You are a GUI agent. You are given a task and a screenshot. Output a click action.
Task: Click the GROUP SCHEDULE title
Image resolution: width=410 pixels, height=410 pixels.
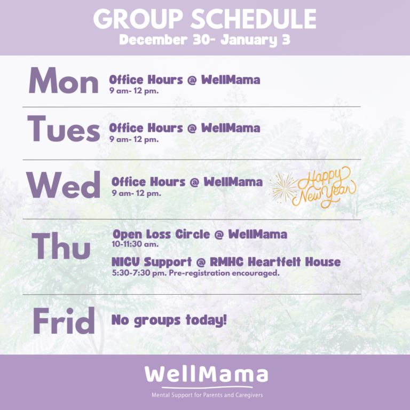(205, 19)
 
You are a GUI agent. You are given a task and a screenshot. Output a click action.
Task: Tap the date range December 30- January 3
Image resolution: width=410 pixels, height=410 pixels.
(205, 40)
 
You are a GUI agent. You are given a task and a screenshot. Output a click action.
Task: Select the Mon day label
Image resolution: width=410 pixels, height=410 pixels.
(64, 80)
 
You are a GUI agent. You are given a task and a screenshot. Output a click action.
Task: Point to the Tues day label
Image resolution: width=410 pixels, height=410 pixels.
(64, 129)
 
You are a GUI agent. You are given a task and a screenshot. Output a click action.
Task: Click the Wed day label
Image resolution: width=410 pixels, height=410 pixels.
(63, 185)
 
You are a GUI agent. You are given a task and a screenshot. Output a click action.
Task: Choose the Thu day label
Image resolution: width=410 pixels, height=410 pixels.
(61, 246)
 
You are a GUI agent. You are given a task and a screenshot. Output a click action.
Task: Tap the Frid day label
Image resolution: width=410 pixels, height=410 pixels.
(64, 320)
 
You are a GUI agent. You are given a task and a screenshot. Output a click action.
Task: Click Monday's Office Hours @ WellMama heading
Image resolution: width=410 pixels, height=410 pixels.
(185, 80)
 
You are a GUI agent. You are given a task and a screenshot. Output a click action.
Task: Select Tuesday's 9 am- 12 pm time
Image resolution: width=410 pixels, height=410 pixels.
(134, 139)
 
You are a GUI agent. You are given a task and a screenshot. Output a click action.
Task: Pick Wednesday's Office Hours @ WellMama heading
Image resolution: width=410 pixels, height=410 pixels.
(187, 182)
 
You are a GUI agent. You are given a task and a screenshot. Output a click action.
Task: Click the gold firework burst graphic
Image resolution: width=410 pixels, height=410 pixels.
(283, 187)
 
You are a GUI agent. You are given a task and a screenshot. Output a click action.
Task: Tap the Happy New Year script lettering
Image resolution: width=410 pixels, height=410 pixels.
(324, 187)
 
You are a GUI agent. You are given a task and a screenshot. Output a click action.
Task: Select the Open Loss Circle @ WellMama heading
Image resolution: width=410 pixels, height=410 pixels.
(200, 234)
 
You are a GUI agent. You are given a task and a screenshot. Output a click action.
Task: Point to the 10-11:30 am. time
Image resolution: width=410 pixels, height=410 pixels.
(135, 244)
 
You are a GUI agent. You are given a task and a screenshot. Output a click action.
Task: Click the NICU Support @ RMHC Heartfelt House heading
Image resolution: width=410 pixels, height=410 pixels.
(226, 262)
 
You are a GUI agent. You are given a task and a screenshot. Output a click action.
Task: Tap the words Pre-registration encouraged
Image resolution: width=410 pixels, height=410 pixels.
(224, 273)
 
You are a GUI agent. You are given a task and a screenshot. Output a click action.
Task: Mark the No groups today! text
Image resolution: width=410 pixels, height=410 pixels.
(169, 320)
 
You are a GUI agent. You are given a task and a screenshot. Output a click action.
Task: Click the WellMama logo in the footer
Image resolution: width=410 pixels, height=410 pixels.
(206, 376)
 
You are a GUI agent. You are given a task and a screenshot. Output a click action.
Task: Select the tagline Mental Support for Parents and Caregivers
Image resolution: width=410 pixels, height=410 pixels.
(207, 395)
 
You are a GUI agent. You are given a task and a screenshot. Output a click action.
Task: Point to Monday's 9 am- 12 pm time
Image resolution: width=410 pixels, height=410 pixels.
(134, 91)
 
